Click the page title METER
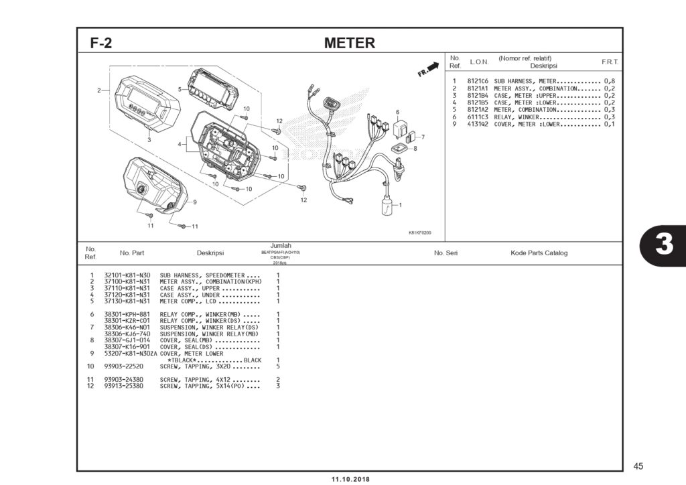coord(349,44)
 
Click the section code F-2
coord(101,44)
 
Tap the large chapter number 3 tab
coord(663,245)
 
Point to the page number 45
coord(637,466)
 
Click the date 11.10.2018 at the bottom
coord(350,479)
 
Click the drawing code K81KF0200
coord(419,233)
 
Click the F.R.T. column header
coord(610,62)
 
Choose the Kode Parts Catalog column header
coord(539,253)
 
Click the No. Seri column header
coord(446,253)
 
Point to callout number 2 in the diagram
coord(98,90)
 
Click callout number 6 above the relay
coord(397,112)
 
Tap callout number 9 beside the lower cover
coord(194,202)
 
